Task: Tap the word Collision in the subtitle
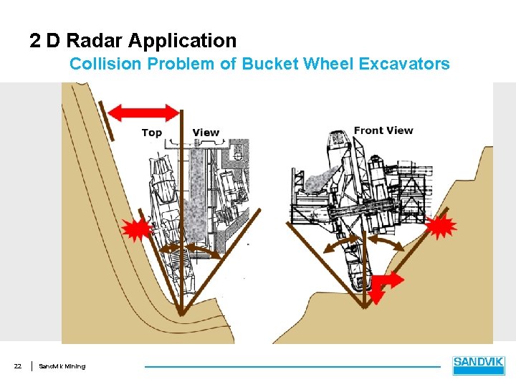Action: click(x=105, y=64)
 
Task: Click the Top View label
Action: click(x=181, y=132)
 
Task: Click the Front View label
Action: click(x=383, y=130)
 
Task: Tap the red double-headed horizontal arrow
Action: click(x=148, y=112)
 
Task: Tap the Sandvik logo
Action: click(x=479, y=365)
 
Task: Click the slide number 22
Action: click(x=18, y=366)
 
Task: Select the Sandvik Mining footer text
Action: click(x=62, y=366)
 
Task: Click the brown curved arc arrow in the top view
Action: click(x=179, y=247)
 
